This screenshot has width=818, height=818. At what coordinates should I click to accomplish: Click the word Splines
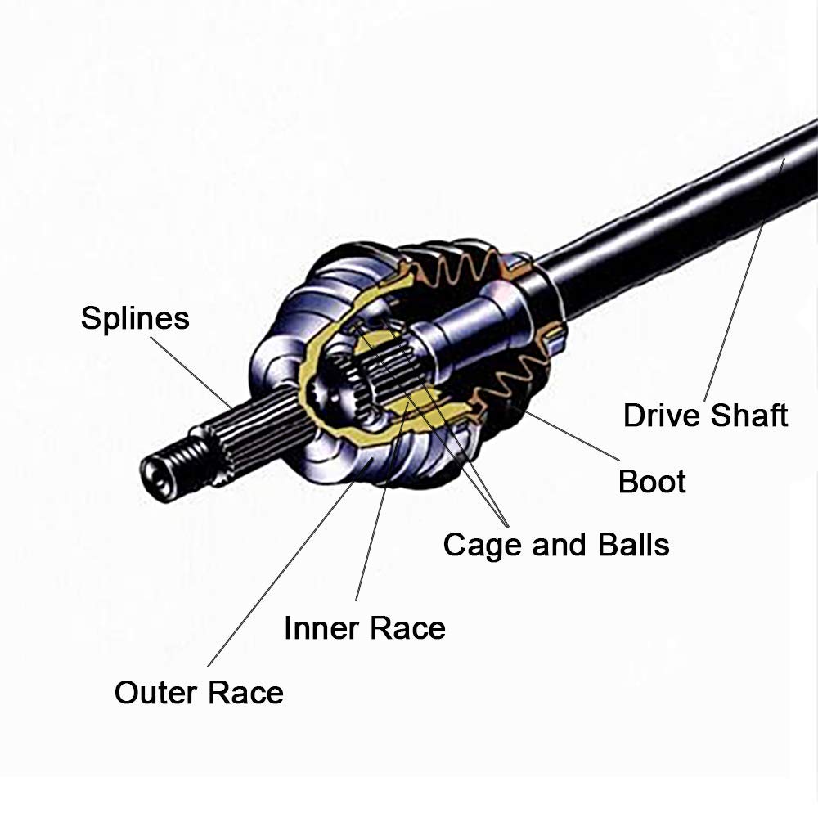click(x=135, y=318)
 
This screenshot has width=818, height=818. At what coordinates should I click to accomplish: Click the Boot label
click(x=652, y=481)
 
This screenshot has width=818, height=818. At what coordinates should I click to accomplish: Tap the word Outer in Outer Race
click(x=156, y=692)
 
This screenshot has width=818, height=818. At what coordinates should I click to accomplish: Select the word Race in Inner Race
click(x=407, y=628)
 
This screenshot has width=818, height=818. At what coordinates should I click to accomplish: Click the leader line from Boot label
click(x=573, y=434)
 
